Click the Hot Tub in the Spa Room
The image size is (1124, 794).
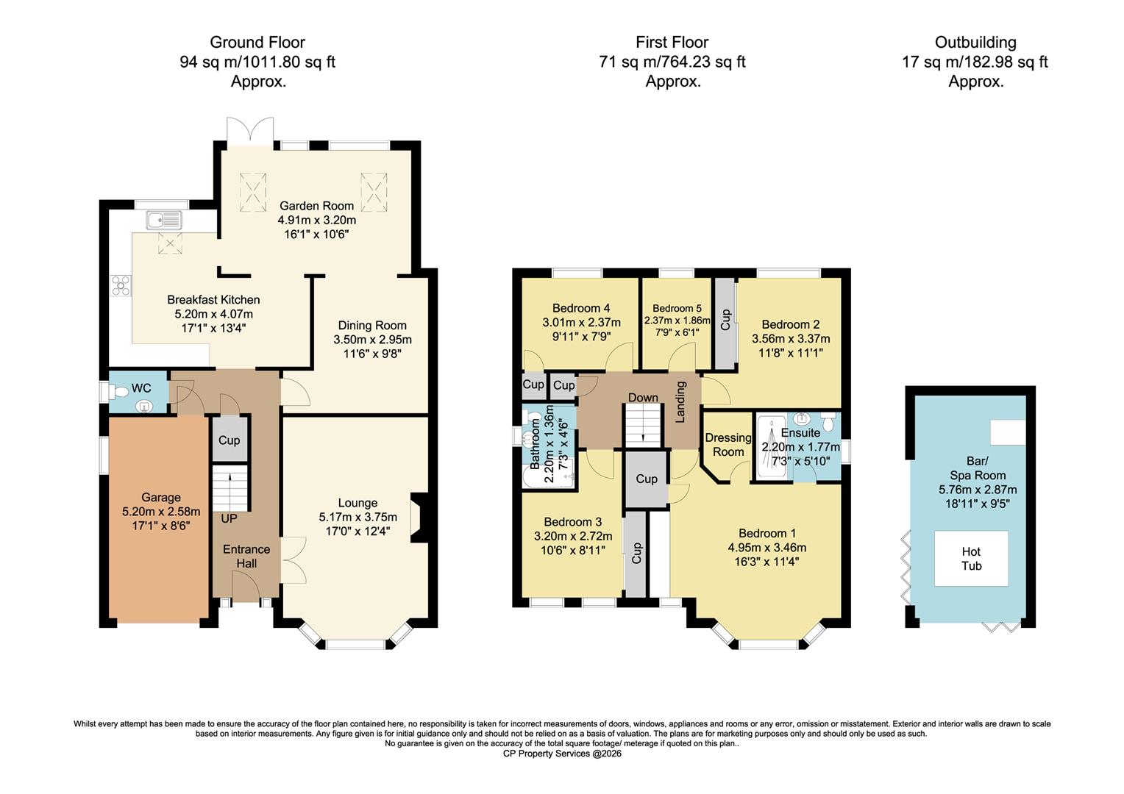[x=971, y=559]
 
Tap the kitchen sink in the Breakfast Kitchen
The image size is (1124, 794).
[x=163, y=220]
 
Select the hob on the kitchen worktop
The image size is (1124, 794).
[x=120, y=285]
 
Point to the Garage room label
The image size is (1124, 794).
[x=160, y=498]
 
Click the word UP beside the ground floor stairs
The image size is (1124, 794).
[x=229, y=518]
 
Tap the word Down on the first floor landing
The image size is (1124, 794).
[x=643, y=398]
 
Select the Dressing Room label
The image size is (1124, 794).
[x=728, y=444]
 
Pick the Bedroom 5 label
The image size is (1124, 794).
[x=677, y=308]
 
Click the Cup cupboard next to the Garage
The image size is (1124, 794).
[x=230, y=440]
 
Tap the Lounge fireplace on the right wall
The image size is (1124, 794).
[x=416, y=517]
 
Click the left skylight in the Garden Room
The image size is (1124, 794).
[x=255, y=191]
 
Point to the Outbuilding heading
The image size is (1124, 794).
[x=975, y=43]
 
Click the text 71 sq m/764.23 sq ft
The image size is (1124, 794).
[x=672, y=62]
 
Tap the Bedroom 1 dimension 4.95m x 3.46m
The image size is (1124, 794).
[x=766, y=548]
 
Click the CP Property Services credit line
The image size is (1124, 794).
[x=562, y=754]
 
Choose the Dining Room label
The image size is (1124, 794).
[x=372, y=326]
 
